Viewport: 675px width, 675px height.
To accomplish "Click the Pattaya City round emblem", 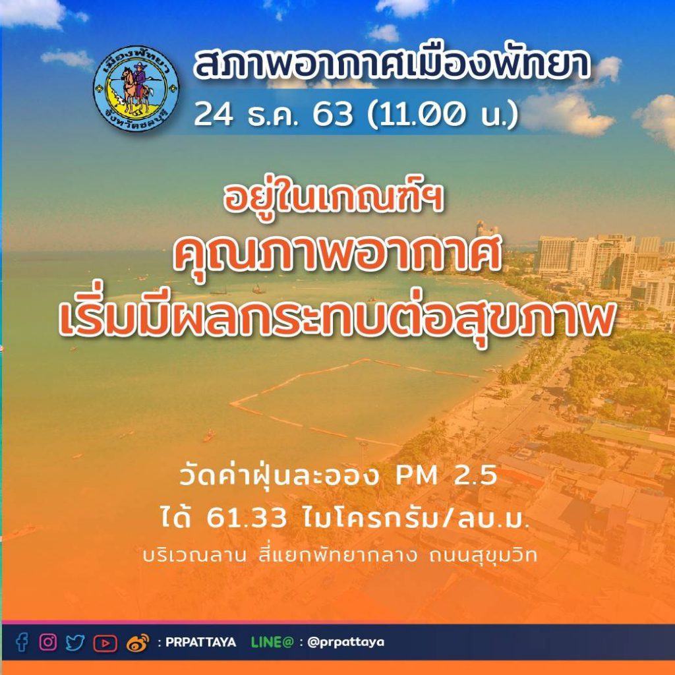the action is click(x=136, y=88).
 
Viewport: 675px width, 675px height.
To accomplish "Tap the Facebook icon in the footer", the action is click(x=22, y=642).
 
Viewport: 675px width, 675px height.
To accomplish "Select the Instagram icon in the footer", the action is click(x=48, y=642).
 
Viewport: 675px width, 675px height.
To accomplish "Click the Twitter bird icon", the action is click(x=75, y=643).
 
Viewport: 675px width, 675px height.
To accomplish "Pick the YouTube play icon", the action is click(x=105, y=643).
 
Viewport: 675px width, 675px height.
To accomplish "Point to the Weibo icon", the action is click(x=138, y=643).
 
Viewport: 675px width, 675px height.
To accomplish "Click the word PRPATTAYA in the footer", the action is click(x=200, y=642).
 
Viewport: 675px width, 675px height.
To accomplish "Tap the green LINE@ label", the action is click(x=272, y=642).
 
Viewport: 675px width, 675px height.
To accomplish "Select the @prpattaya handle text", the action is click(x=346, y=643).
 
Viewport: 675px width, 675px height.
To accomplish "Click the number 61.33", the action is click(x=247, y=518).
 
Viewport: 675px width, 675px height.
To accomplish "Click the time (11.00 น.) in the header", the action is click(x=442, y=115).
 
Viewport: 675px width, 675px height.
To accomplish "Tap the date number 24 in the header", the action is click(x=214, y=115).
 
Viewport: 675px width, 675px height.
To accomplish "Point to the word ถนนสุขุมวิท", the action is click(x=483, y=556).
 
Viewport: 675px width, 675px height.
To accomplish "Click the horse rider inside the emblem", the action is click(x=138, y=88).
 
